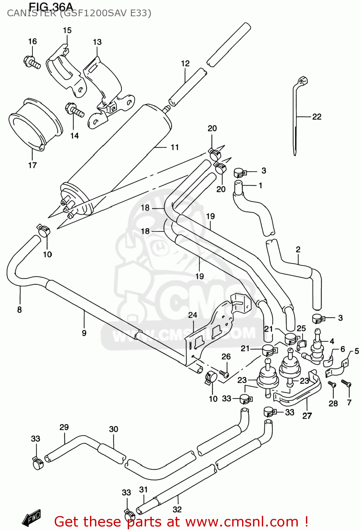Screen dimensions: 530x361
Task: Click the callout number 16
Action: point(32,42)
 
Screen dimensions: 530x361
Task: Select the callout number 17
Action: point(32,165)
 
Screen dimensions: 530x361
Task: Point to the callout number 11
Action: point(175,147)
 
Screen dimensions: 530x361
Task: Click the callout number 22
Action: point(317,117)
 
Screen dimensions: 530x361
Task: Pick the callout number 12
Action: point(185,64)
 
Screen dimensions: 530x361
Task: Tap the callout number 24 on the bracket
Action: point(193,315)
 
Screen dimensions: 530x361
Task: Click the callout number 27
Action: point(307,416)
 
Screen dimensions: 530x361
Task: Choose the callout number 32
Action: point(177,509)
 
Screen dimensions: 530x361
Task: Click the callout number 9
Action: point(84,333)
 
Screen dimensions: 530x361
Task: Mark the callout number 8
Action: point(19,310)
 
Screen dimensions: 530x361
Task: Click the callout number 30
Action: point(114,429)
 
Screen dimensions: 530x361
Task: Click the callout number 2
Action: point(298,249)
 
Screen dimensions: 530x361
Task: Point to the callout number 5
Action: point(357,351)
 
